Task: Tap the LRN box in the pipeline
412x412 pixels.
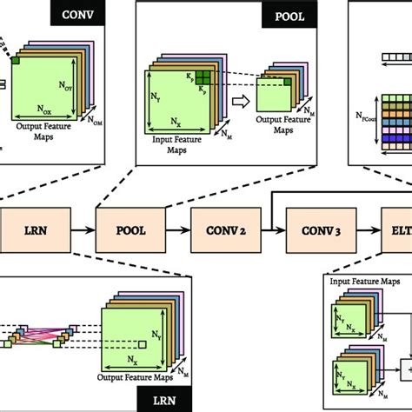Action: [36, 231]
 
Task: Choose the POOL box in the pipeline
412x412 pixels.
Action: [130, 231]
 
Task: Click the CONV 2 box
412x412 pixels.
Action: [225, 231]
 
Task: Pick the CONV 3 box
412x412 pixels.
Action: [318, 231]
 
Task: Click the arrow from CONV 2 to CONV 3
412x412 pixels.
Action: [271, 231]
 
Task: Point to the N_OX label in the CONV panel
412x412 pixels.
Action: [47, 110]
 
